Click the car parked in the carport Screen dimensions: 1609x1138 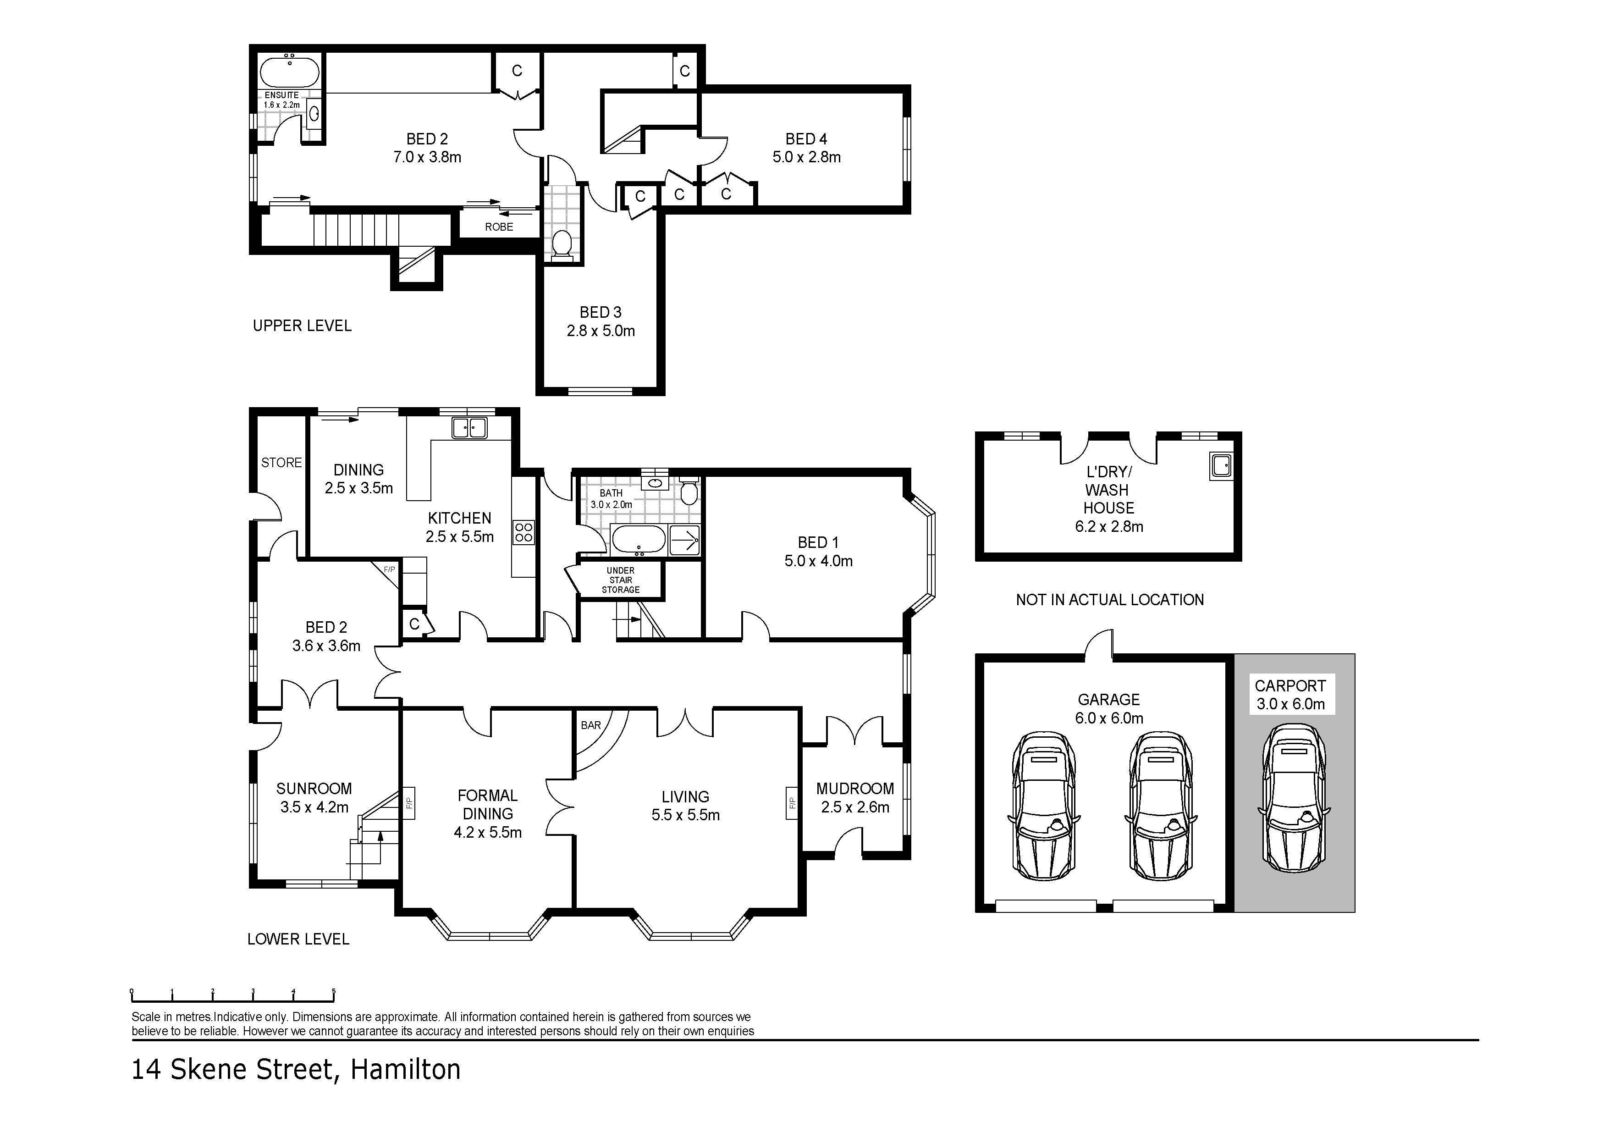pyautogui.click(x=1294, y=797)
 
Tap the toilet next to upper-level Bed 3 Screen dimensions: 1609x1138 pyautogui.click(x=562, y=245)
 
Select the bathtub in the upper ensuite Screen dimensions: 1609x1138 pyautogui.click(x=289, y=72)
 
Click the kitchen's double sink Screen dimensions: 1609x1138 pyautogui.click(x=469, y=427)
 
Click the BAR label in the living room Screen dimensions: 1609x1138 pyautogui.click(x=591, y=725)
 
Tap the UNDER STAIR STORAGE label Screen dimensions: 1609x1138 pyautogui.click(x=621, y=580)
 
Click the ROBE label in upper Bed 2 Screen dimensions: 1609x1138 pyautogui.click(x=499, y=227)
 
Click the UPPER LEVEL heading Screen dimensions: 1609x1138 pyautogui.click(x=302, y=326)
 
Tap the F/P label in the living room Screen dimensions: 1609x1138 pyautogui.click(x=792, y=803)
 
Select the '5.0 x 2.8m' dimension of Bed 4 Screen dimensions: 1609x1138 pyautogui.click(x=807, y=157)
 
